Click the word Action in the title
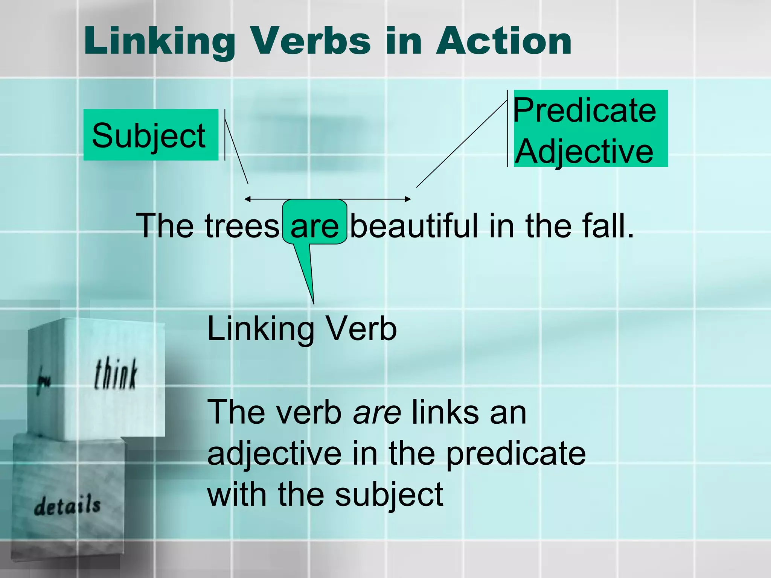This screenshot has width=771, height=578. coord(504,41)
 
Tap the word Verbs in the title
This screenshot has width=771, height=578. coord(311,41)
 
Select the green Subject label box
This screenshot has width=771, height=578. coord(151,135)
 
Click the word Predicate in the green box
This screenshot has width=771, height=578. coord(585,111)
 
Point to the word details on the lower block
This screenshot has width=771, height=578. coord(67,505)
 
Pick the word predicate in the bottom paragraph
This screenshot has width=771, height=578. coord(516,453)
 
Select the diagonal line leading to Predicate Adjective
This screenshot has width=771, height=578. coord(462,144)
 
